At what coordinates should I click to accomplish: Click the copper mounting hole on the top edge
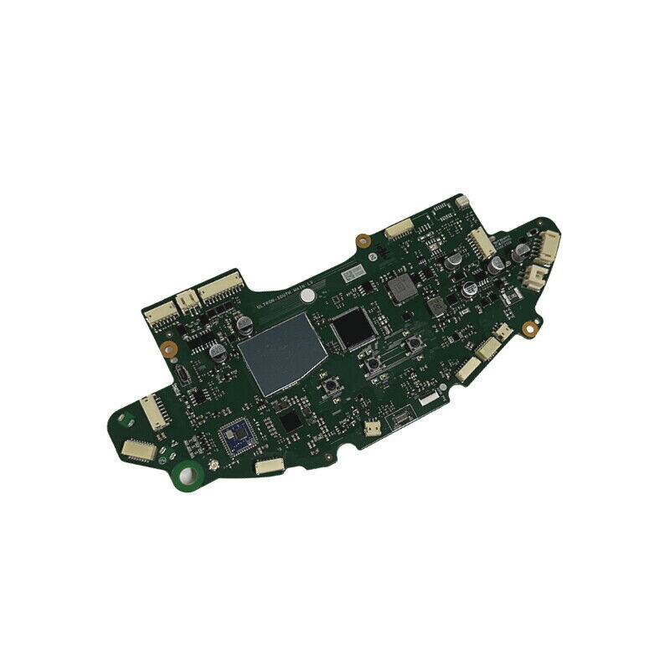click(361, 240)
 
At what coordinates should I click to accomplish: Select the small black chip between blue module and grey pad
click(289, 420)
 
